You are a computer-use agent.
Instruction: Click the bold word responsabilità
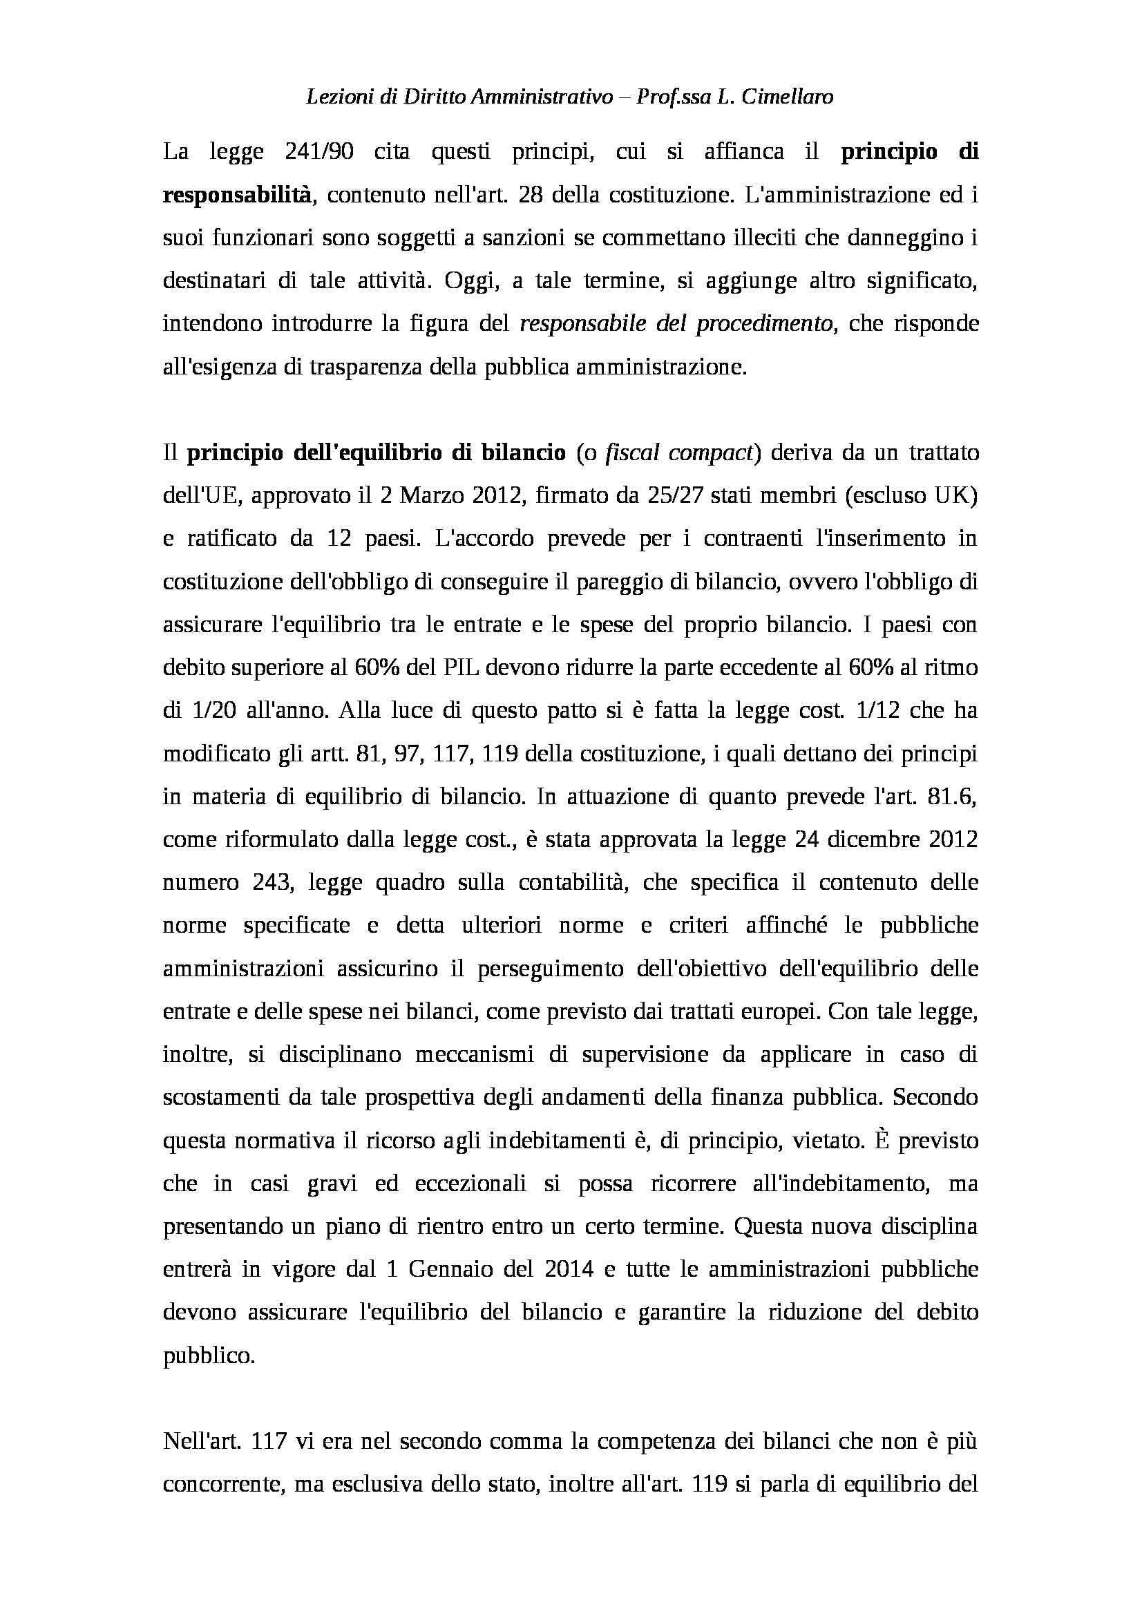click(236, 195)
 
